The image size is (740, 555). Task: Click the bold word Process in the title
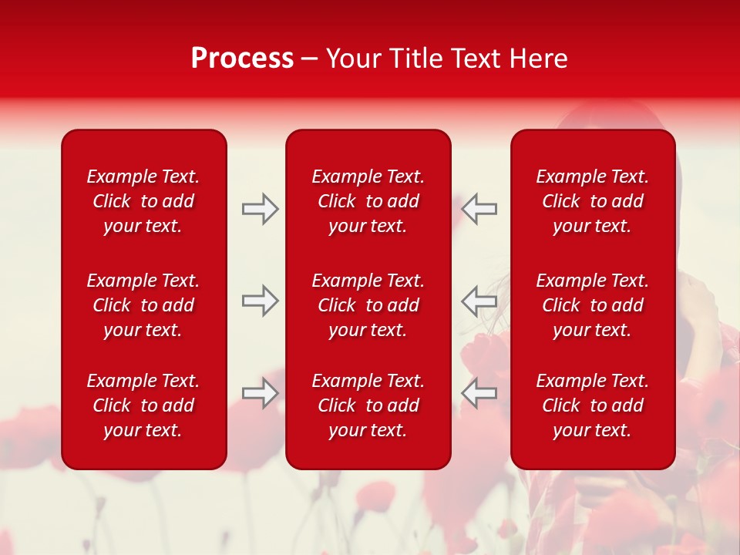pyautogui.click(x=242, y=59)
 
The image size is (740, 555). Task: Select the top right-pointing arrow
pyautogui.click(x=261, y=209)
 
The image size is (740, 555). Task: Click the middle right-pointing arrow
pyautogui.click(x=261, y=301)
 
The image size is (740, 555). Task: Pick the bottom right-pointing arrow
pyautogui.click(x=261, y=393)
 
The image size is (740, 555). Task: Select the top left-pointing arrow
pyautogui.click(x=479, y=209)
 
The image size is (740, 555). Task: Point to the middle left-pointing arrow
pyautogui.click(x=479, y=301)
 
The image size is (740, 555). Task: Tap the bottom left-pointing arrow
pyautogui.click(x=479, y=393)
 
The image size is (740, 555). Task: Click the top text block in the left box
pyautogui.click(x=143, y=201)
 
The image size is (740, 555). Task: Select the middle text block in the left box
pyautogui.click(x=143, y=305)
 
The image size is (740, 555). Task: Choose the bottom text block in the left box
pyautogui.click(x=143, y=405)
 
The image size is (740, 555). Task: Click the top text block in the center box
pyautogui.click(x=368, y=201)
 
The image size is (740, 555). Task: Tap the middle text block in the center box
pyautogui.click(x=368, y=305)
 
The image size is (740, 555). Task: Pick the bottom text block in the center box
pyautogui.click(x=368, y=405)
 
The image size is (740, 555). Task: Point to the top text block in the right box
pyautogui.click(x=592, y=201)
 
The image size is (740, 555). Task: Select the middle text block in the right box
pyautogui.click(x=592, y=305)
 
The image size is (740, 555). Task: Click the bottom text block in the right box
pyautogui.click(x=592, y=405)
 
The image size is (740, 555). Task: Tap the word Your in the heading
pyautogui.click(x=353, y=59)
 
